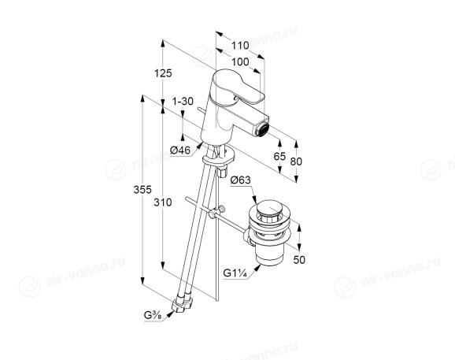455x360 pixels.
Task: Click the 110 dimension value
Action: coord(240,45)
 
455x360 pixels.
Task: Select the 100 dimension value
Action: coord(240,61)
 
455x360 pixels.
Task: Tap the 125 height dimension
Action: coord(163,73)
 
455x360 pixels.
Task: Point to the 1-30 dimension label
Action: coord(183,102)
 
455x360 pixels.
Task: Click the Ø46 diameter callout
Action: coord(180,150)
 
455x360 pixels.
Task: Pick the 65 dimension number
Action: coord(279,156)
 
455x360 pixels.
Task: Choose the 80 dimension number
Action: coord(296,161)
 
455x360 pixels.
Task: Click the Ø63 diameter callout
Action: coord(240,180)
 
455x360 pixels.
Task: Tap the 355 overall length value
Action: coord(142,190)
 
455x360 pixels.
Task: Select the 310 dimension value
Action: coord(163,202)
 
